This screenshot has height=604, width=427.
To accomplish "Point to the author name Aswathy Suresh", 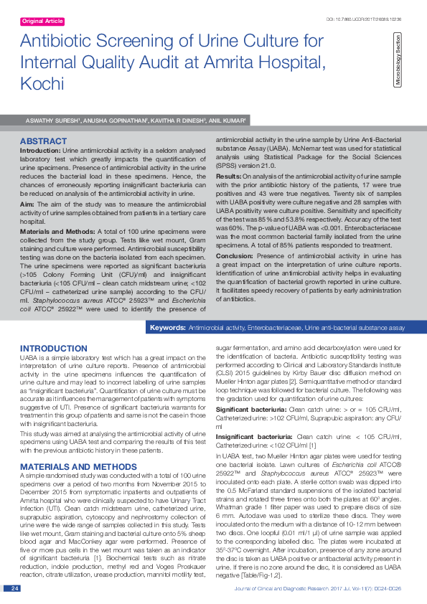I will point(52,121).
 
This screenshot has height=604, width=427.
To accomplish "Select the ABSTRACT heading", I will point(44,141).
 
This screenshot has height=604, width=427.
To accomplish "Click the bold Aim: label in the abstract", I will point(27,204).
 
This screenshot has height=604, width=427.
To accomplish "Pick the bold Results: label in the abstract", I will point(227,176).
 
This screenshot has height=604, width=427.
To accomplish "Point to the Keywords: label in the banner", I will point(166,328).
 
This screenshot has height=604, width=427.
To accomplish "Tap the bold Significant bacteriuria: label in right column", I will point(252,408).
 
